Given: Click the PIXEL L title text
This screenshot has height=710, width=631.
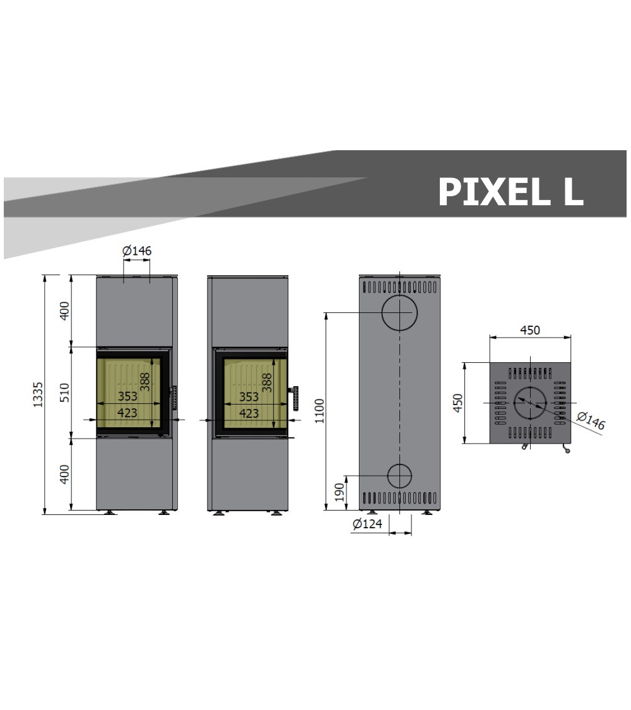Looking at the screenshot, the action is coord(510,191).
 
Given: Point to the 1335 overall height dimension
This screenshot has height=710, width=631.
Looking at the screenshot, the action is coord(38,394).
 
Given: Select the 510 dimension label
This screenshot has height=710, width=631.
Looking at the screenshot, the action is coord(65,393).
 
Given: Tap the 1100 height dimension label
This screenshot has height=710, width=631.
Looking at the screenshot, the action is coord(320,411).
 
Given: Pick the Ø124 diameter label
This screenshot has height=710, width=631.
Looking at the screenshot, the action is coord(367,524).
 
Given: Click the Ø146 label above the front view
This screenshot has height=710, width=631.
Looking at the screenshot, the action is coord(137,251).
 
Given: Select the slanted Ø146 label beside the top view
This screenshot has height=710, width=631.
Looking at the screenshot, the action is coord(591,420).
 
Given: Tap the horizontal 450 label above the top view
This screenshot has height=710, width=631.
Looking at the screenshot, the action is coord(530,330).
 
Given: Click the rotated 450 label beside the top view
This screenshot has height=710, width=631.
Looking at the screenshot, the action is coord(458,403).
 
